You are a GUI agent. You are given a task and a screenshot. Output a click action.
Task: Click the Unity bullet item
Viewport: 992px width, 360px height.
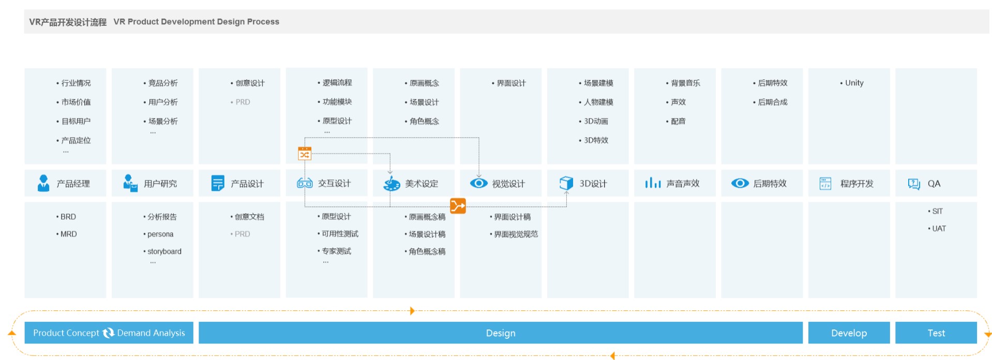(x=852, y=83)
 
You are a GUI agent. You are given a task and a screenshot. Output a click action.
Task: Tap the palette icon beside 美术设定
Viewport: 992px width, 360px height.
(x=392, y=184)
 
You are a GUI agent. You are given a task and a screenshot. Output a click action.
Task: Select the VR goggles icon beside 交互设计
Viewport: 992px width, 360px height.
(x=305, y=183)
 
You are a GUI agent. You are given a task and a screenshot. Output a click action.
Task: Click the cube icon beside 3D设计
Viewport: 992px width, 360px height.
(x=566, y=183)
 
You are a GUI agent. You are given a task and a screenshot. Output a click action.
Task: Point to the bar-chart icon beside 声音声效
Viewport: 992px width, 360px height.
(x=653, y=183)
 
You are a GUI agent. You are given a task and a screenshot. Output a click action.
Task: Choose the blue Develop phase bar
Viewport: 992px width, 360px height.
(x=849, y=333)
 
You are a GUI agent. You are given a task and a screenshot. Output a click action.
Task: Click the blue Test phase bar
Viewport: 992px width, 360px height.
(x=936, y=333)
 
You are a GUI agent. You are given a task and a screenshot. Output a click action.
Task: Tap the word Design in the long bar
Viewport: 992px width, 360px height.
(x=501, y=333)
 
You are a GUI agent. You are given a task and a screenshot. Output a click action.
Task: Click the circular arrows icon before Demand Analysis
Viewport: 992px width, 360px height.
(x=108, y=333)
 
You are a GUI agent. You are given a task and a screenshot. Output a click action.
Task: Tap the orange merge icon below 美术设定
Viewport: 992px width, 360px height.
(x=458, y=206)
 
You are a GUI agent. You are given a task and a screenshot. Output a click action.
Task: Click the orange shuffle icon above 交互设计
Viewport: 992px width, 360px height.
(x=305, y=154)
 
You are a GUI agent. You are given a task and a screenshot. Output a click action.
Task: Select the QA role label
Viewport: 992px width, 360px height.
(x=934, y=184)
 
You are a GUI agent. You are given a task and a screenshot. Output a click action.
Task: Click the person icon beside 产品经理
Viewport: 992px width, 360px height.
(x=43, y=183)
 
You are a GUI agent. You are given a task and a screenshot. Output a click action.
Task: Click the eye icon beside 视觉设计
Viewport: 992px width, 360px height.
(x=479, y=183)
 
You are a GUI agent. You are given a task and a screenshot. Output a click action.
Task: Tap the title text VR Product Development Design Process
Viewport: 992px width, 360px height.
(x=197, y=22)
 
